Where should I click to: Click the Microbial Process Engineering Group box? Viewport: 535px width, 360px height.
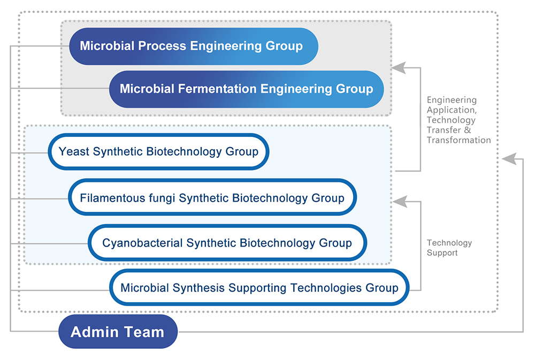pyautogui.click(x=194, y=46)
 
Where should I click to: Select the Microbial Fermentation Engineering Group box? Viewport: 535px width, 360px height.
pyautogui.click(x=246, y=89)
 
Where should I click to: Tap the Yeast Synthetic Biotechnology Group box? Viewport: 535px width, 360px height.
pyautogui.click(x=158, y=151)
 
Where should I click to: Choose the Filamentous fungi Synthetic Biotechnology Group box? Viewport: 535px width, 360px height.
pyautogui.click(x=212, y=197)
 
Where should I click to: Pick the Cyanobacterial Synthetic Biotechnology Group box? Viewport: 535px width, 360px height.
pyautogui.click(x=227, y=243)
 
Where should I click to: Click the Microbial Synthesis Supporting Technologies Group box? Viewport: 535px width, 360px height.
pyautogui.click(x=259, y=287)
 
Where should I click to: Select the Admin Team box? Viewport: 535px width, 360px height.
pyautogui.click(x=118, y=332)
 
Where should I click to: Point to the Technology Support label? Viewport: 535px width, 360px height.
pyautogui.click(x=449, y=248)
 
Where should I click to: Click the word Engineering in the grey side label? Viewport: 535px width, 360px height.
pyautogui.click(x=452, y=101)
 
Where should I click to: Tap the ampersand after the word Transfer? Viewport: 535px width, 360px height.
pyautogui.click(x=468, y=130)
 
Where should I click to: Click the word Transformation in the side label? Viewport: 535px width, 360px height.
pyautogui.click(x=458, y=140)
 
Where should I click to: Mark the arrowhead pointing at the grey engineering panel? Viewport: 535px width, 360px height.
pyautogui.click(x=398, y=67)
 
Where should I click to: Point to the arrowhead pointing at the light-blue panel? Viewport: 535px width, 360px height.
pyautogui.click(x=400, y=201)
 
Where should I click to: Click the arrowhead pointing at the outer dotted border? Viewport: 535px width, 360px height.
pyautogui.click(x=509, y=159)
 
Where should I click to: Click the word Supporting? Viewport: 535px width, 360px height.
pyautogui.click(x=257, y=288)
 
